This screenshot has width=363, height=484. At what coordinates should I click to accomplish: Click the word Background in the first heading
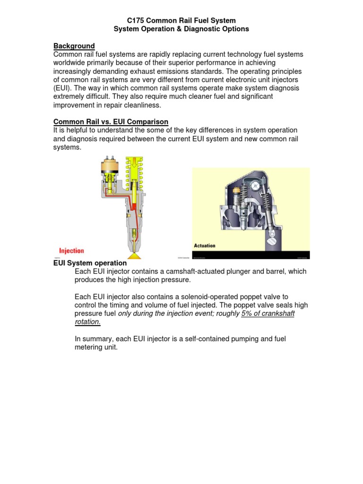(74, 46)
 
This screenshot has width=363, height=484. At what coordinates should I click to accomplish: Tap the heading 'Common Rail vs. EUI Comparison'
(111, 122)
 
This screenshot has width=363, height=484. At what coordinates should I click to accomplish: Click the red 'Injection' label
(71, 251)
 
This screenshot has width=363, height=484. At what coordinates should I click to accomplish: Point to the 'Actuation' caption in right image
(205, 246)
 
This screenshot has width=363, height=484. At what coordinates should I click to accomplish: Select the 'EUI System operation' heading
(90, 263)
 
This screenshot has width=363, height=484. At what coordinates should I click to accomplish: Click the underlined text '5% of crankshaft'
(268, 314)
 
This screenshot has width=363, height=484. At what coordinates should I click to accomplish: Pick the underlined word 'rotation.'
(88, 322)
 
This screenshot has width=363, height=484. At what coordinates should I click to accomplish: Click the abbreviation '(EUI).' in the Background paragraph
(63, 88)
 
